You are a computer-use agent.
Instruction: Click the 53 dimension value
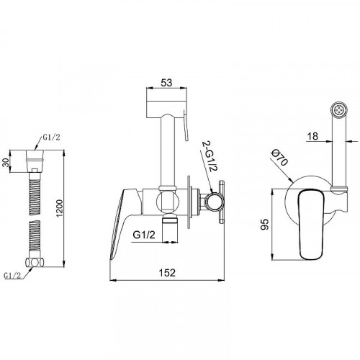[166, 83]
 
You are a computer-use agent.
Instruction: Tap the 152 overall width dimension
[167, 273]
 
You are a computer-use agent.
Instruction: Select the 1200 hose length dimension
[59, 208]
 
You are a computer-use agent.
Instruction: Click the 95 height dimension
[264, 224]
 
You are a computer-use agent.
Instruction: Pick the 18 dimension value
[312, 136]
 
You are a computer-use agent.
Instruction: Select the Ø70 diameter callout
[280, 158]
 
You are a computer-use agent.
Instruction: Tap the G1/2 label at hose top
[51, 137]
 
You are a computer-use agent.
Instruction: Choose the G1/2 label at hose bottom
[13, 275]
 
